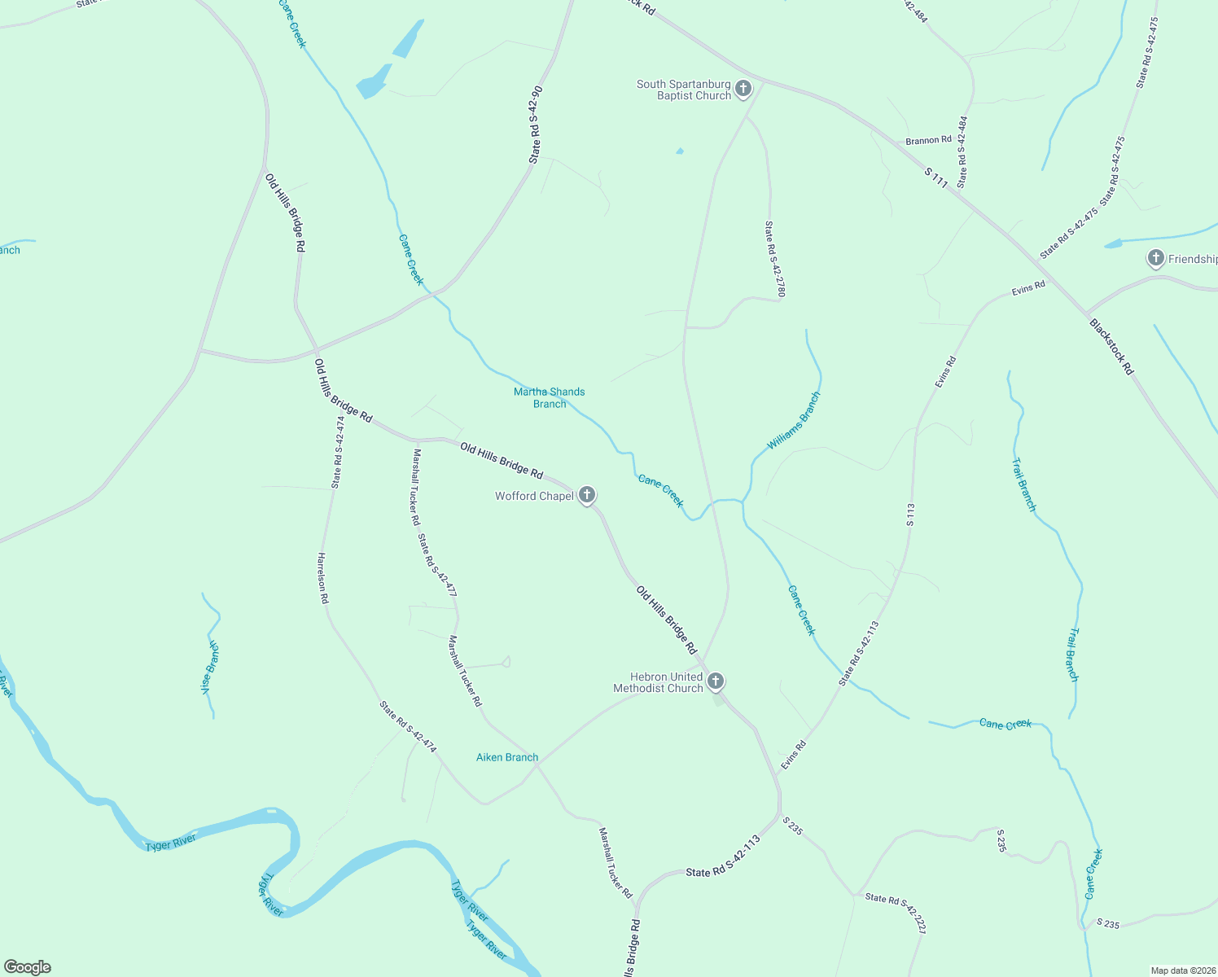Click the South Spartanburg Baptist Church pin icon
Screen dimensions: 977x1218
click(743, 89)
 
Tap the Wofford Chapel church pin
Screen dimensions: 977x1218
click(586, 495)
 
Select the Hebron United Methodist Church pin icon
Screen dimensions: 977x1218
click(715, 681)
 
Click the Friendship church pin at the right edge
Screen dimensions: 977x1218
click(1155, 259)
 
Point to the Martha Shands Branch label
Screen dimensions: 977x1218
click(549, 397)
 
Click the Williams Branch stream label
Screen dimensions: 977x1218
click(794, 421)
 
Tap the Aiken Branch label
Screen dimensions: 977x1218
click(507, 757)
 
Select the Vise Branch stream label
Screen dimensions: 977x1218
click(210, 667)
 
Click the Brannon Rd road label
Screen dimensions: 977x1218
click(928, 140)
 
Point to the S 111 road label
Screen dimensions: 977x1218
click(936, 178)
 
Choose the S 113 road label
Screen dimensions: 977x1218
click(910, 515)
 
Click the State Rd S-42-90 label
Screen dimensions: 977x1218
click(535, 125)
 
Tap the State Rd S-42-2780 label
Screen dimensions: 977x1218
click(774, 259)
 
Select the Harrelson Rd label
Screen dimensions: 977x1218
click(322, 577)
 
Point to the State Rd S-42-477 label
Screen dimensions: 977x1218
click(436, 565)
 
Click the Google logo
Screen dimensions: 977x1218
click(28, 967)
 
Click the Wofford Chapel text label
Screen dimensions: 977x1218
click(534, 496)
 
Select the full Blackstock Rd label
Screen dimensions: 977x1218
click(1111, 346)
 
